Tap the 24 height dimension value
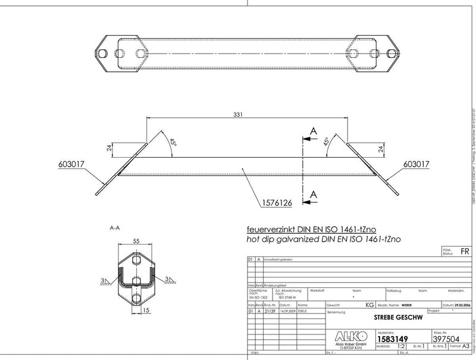coord(109,149)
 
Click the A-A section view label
coord(115,227)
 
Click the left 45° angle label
coord(173,143)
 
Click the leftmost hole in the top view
coord(103,54)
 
